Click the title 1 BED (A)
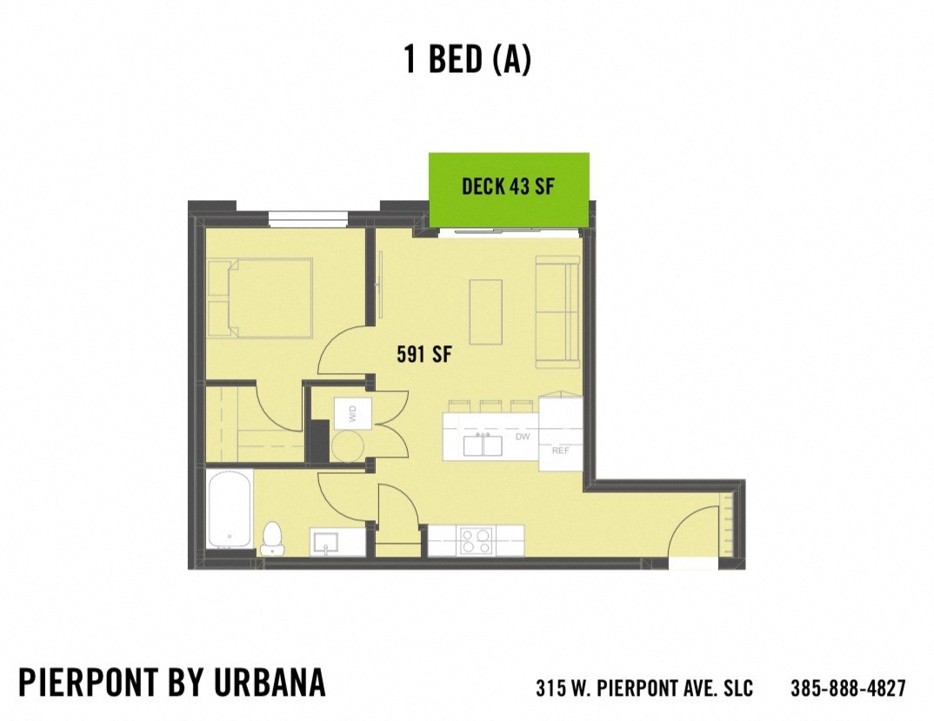tap(467, 59)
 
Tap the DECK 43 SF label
tap(508, 186)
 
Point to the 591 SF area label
tap(424, 355)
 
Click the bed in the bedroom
tap(261, 297)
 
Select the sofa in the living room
tap(557, 310)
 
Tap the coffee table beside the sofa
tap(486, 311)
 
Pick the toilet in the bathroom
tap(272, 538)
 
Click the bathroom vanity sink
tap(327, 542)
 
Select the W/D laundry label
tap(353, 414)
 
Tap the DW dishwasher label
tap(523, 437)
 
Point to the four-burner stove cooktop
tap(476, 541)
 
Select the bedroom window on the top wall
tap(308, 217)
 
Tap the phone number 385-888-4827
tap(848, 688)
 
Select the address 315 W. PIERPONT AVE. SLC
tap(644, 688)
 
